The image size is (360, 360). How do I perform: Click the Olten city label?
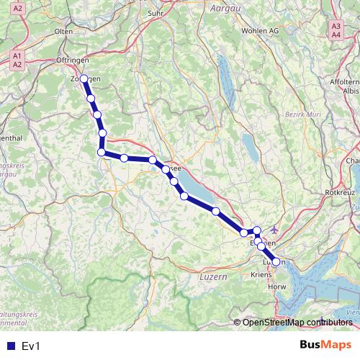(x=64, y=32)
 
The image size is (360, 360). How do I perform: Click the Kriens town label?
(x=261, y=275)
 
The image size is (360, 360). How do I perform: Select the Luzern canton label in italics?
(x=212, y=277)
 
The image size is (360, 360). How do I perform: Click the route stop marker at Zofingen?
(x=84, y=78)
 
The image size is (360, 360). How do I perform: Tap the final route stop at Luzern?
(x=276, y=262)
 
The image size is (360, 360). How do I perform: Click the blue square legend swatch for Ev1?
(x=11, y=346)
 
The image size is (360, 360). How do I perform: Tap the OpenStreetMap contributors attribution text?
(x=297, y=322)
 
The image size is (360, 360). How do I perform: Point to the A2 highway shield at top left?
(x=19, y=8)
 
